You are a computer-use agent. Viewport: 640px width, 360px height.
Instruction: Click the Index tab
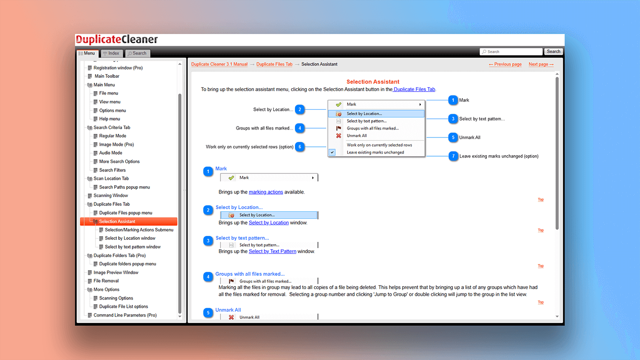[111, 53]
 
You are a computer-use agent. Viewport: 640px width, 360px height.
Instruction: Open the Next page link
[541, 65]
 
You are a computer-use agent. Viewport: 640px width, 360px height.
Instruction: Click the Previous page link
[505, 65]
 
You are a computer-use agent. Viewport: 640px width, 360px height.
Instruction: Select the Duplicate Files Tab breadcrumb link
[274, 65]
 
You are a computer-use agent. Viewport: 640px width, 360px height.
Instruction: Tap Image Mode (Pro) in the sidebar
[116, 144]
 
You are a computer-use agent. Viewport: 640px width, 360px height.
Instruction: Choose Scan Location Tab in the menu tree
[111, 178]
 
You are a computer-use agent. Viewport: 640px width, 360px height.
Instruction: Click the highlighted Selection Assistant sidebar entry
[117, 222]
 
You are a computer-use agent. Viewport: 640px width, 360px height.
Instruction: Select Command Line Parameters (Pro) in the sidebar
[125, 315]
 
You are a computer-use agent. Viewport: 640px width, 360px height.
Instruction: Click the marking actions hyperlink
[266, 192]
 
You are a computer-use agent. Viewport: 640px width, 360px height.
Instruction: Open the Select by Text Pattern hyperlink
[272, 251]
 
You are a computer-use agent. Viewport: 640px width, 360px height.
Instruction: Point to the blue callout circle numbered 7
[453, 156]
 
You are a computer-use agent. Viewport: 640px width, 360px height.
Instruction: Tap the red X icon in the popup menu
[339, 136]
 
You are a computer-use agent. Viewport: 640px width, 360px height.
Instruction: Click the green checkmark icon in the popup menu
[339, 104]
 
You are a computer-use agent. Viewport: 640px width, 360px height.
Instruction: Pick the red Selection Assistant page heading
[373, 82]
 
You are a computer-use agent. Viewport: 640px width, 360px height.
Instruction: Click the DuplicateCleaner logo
[117, 39]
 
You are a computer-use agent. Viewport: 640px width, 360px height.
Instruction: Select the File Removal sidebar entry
[106, 281]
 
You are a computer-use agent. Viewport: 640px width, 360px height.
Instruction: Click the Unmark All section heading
[228, 310]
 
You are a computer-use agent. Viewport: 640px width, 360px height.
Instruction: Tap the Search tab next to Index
[137, 53]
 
